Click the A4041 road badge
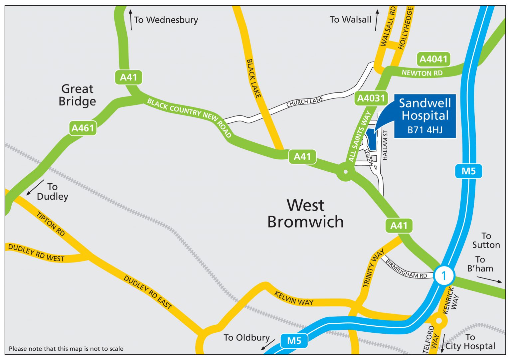point(433,59)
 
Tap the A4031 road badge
point(371,98)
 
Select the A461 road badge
point(83,128)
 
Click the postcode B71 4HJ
point(425,130)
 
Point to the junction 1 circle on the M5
point(444,275)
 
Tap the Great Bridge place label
point(77,95)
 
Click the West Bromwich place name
point(305,214)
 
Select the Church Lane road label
point(305,102)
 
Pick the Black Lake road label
point(254,79)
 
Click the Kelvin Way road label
point(294,298)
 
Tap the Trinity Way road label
point(373,268)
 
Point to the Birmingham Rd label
point(406,269)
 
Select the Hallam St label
point(385,145)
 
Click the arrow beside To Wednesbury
point(131,20)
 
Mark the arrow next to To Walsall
point(377,20)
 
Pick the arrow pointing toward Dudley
point(35,187)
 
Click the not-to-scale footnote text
point(66,349)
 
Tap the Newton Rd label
point(422,73)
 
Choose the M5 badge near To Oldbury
point(294,341)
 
